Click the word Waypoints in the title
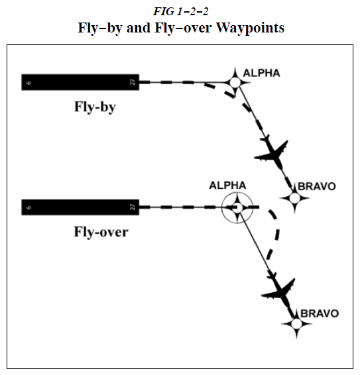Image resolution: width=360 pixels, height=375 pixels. pyautogui.click(x=251, y=28)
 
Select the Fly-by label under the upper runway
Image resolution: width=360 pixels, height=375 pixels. pyautogui.click(x=94, y=107)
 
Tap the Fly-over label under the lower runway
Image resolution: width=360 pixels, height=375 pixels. pyautogui.click(x=101, y=232)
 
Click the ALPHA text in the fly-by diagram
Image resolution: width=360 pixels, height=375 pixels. pyautogui.click(x=262, y=73)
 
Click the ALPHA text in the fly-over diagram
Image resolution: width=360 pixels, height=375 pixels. pyautogui.click(x=227, y=186)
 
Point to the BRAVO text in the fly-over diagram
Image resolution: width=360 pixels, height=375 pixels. pyautogui.click(x=320, y=313)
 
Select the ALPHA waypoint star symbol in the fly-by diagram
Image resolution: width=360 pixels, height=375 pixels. pyautogui.click(x=235, y=82)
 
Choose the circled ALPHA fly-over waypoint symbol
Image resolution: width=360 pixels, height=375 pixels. pyautogui.click(x=237, y=207)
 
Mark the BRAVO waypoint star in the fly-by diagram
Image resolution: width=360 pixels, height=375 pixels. pyautogui.click(x=293, y=197)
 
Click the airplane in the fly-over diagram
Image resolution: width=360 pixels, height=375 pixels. pyautogui.click(x=279, y=291)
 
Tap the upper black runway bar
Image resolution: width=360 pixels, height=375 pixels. pyautogui.click(x=80, y=82)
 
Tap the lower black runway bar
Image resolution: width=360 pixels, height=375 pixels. pyautogui.click(x=80, y=207)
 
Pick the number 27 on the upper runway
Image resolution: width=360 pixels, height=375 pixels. pyautogui.click(x=133, y=82)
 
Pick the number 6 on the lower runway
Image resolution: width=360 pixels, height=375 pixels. pyautogui.click(x=29, y=207)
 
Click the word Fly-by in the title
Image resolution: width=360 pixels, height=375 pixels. pyautogui.click(x=129, y=28)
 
